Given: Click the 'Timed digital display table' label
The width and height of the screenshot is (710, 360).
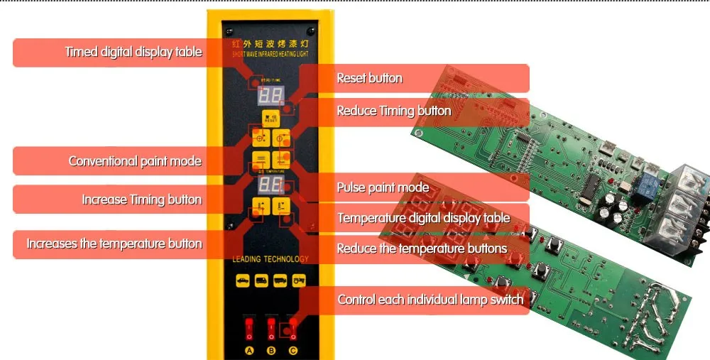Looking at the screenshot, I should click(133, 52).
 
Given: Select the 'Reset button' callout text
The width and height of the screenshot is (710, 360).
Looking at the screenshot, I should click(369, 78).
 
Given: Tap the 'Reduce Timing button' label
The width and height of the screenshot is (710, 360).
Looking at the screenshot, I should click(393, 111).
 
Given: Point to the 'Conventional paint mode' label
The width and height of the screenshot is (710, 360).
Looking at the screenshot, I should click(135, 161).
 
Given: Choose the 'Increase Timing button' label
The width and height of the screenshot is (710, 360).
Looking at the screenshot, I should click(141, 200).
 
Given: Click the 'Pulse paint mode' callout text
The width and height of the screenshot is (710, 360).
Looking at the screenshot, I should click(383, 187).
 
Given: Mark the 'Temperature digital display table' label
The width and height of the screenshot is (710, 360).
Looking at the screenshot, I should click(423, 218).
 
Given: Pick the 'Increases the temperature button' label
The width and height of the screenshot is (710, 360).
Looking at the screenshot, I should click(114, 244).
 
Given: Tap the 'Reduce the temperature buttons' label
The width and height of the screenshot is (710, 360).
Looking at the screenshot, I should click(422, 249).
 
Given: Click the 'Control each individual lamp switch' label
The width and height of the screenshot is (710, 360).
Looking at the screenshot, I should click(430, 300).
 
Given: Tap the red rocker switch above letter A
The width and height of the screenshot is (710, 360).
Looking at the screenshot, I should click(248, 328).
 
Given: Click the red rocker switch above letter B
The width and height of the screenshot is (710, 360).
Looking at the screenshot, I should click(271, 328).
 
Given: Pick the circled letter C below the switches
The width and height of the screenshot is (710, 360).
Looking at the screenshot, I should click(292, 351).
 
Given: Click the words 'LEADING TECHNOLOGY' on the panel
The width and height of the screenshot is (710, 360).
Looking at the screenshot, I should click(271, 259).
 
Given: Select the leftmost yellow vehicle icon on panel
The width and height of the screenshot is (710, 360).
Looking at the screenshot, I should click(243, 280).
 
